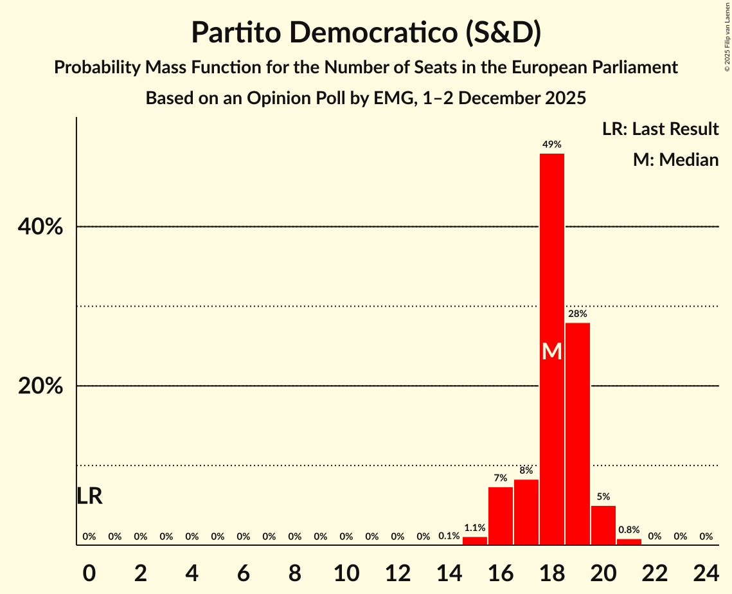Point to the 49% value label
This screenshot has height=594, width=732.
551,145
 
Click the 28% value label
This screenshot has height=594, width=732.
577,314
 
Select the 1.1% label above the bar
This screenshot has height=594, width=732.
474,528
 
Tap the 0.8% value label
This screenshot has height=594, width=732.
629,530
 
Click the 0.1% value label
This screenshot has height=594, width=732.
449,536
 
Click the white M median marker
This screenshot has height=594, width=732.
551,352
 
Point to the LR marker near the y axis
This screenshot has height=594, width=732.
89,496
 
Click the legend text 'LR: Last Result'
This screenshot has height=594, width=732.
660,129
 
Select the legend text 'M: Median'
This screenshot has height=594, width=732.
675,159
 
